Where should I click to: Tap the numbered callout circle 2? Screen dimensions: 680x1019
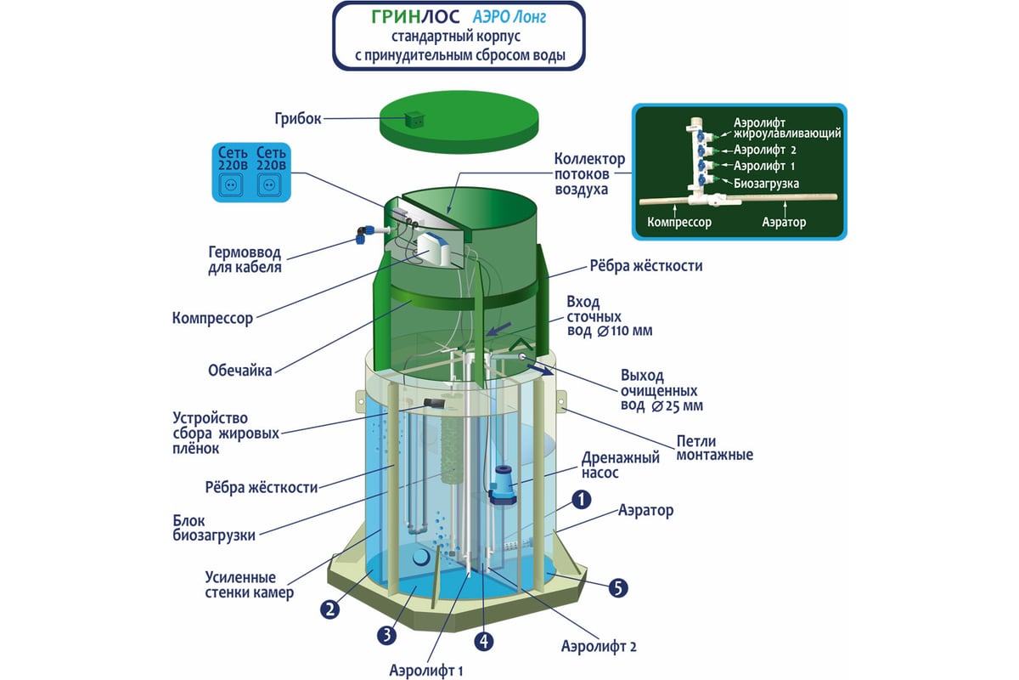[329, 608]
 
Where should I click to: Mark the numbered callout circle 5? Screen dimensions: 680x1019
[618, 586]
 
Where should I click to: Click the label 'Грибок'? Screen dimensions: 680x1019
[298, 118]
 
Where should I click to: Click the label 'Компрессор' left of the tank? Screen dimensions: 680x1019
[212, 319]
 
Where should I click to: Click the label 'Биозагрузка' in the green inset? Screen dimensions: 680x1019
[766, 183]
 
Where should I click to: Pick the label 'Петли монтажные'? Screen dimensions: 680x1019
[714, 448]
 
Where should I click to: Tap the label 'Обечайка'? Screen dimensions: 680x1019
[239, 371]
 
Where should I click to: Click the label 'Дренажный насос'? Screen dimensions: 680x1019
[621, 465]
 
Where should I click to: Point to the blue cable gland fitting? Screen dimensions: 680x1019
[363, 234]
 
